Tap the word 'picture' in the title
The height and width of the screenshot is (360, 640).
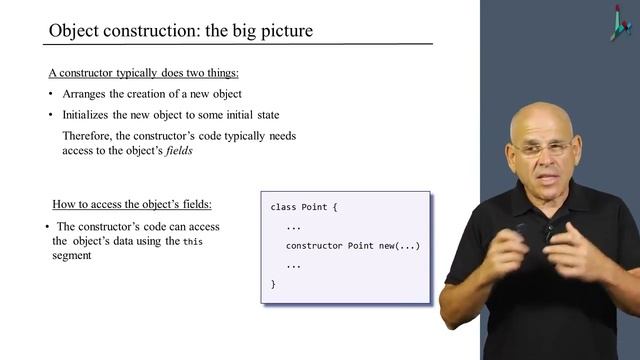tap(283, 31)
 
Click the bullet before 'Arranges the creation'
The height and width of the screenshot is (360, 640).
tap(51, 95)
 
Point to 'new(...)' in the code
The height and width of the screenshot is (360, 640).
tap(400, 246)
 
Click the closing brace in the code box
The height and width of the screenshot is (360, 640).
tap(273, 284)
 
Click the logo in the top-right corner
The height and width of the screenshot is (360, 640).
tap(620, 21)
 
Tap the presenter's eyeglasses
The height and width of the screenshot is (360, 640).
tap(545, 149)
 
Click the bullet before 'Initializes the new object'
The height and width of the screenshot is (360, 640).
tap(51, 114)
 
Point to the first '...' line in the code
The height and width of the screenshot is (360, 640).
tap(294, 227)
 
